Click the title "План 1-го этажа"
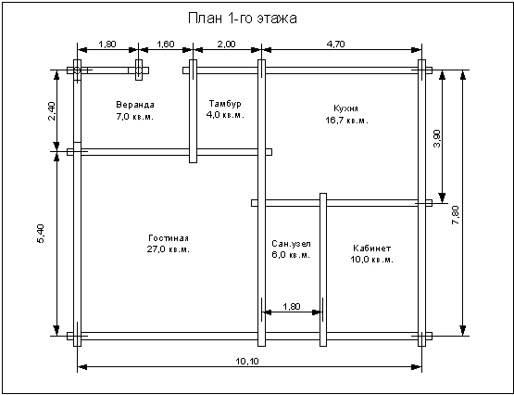pos(243,19)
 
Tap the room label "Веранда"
pos(135,105)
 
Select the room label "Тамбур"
pos(225,104)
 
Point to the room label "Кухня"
pos(345,108)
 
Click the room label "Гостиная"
pos(169,238)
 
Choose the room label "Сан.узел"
pos(291,244)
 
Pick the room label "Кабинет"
pos(372,248)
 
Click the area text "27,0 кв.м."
pos(169,249)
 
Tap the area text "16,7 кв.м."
pos(346,121)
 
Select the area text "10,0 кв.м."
pos(372,260)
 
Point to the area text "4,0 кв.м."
pos(225,115)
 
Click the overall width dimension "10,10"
pos(247,362)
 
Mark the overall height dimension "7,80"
pos(456,215)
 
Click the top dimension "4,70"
pos(335,44)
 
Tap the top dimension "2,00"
pos(227,44)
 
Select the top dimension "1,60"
pos(166,44)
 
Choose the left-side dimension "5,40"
pos(41,234)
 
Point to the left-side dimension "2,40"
pos(52,111)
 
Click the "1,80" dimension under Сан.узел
pos(291,306)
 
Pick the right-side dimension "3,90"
pos(437,139)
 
